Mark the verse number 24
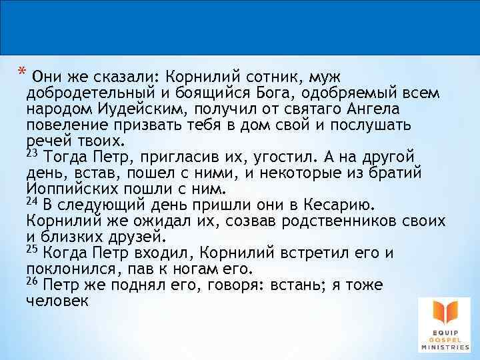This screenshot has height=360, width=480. click(x=31, y=201)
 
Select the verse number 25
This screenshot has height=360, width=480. click(x=31, y=249)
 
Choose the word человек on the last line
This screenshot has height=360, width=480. click(x=57, y=301)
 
